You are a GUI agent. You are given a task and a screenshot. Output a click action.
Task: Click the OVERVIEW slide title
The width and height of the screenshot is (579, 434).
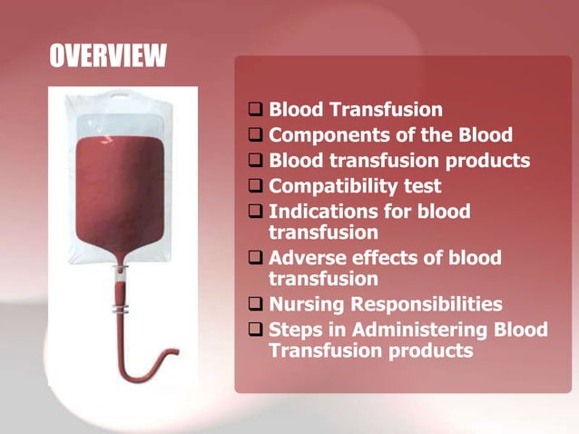tap(108, 57)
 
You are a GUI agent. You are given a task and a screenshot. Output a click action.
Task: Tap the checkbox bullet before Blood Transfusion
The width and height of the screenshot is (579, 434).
tap(256, 112)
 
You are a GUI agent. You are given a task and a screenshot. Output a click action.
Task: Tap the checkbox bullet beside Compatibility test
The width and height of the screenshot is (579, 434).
tap(256, 187)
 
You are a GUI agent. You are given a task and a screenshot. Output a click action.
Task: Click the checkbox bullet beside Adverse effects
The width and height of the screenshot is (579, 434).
tap(256, 258)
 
